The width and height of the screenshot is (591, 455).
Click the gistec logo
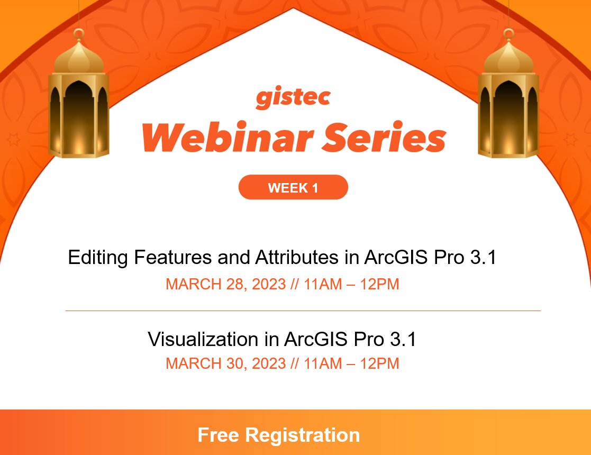[x=293, y=98]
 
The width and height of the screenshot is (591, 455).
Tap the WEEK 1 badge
[x=293, y=188]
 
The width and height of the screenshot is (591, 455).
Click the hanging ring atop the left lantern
[x=78, y=35]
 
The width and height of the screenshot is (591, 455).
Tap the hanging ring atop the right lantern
[x=508, y=35]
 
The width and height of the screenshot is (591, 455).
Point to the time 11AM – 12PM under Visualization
[x=351, y=363]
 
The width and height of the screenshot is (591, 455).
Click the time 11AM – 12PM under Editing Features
[x=351, y=284]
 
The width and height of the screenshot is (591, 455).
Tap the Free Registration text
[x=279, y=435]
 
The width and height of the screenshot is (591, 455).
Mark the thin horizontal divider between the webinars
[x=303, y=311]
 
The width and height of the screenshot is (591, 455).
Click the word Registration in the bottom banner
[x=302, y=435]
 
